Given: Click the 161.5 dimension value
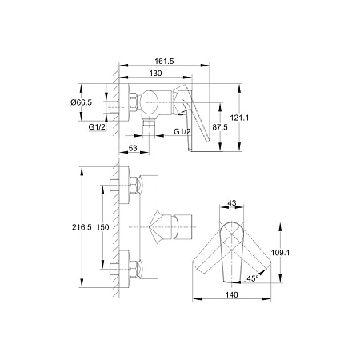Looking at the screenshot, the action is (164, 61).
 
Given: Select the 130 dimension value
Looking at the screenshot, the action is (155, 73).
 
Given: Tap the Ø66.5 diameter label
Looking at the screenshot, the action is (81, 102).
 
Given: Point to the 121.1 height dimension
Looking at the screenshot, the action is (239, 118).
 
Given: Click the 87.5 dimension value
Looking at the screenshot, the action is (220, 127).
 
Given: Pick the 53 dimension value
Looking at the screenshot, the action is (133, 148).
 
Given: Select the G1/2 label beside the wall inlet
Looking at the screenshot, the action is (97, 127).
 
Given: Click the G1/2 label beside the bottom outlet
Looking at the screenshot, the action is (182, 131).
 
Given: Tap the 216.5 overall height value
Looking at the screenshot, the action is (82, 227).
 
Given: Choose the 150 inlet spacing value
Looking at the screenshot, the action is (102, 227).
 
